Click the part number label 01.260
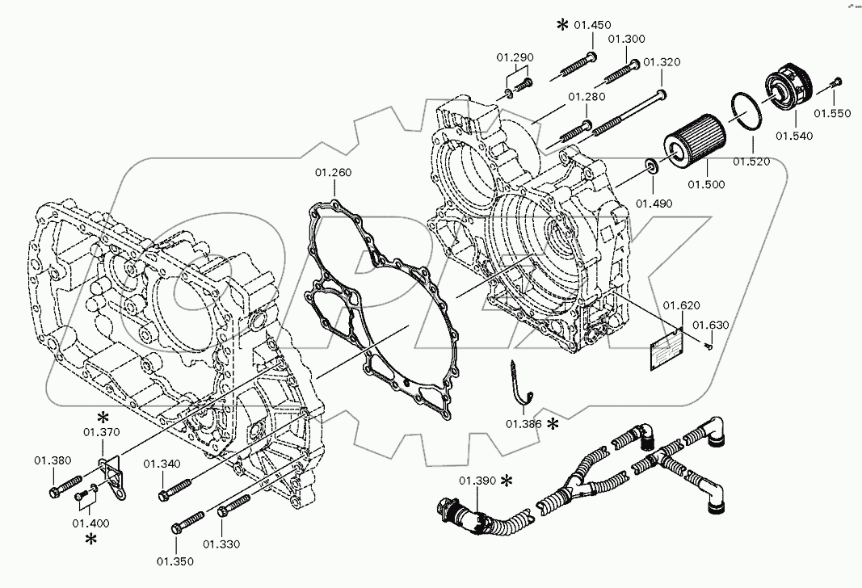coord(333,173)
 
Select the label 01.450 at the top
coord(592,25)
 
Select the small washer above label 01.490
coord(650,167)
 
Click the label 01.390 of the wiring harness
coord(477,481)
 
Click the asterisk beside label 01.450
coord(562,25)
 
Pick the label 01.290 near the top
coord(515,57)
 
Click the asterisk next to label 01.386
coord(553,424)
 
